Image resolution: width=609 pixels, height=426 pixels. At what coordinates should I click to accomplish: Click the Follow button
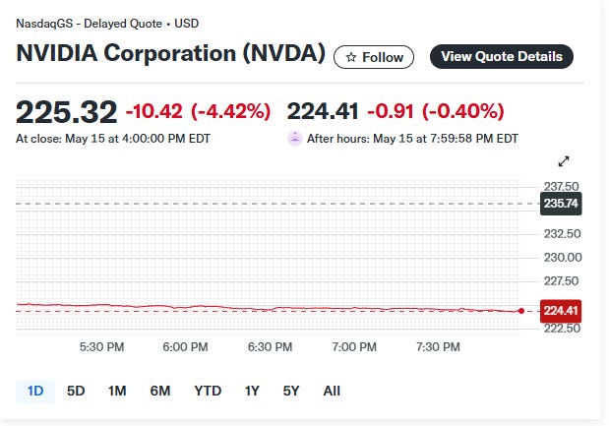click(374, 57)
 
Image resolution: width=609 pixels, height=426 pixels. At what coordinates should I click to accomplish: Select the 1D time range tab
click(35, 391)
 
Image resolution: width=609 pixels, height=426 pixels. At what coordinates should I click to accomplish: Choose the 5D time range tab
click(76, 391)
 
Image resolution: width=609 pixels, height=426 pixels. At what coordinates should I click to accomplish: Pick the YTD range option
click(208, 391)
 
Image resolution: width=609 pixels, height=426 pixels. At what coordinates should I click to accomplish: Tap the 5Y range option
click(291, 391)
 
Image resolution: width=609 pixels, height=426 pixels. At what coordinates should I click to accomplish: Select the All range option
click(332, 391)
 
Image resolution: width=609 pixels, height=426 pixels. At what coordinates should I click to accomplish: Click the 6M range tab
click(160, 391)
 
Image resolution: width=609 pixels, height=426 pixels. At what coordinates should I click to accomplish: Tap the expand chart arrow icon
click(564, 161)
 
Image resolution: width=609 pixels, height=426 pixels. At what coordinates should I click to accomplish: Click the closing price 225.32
click(67, 112)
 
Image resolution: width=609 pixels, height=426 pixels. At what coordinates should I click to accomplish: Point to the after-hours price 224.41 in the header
click(323, 111)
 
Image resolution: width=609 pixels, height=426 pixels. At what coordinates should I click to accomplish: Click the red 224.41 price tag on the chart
click(561, 311)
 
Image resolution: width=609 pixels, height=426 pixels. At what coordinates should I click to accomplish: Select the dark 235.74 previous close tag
click(561, 204)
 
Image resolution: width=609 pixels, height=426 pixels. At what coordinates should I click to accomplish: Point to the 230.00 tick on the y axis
click(563, 257)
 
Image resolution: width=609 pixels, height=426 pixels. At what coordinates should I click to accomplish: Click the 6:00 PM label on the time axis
click(185, 346)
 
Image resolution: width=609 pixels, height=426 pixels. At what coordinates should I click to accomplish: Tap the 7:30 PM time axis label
click(438, 346)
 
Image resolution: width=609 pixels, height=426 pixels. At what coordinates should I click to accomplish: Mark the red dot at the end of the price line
click(521, 311)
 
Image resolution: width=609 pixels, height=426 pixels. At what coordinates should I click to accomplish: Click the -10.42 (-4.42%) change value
click(198, 111)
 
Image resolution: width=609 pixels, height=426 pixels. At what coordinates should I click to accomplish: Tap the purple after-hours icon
click(295, 139)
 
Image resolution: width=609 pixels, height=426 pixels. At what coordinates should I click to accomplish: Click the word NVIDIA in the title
click(57, 53)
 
